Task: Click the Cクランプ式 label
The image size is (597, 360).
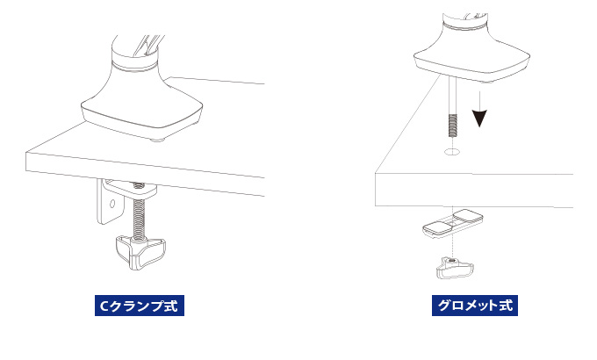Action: point(140,306)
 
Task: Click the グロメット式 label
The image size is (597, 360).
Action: point(475,306)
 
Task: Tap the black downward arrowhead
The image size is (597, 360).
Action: point(479,118)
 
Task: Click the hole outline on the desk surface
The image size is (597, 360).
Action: point(452,152)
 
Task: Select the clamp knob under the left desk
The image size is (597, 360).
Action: point(140,252)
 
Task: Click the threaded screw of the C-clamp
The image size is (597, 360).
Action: point(140,218)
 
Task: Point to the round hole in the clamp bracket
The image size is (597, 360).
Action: point(112,204)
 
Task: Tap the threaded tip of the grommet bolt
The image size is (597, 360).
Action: point(452,126)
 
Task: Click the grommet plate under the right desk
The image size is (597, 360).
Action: point(453,224)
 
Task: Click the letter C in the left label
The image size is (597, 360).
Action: point(104,306)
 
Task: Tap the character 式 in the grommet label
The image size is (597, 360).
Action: point(506,306)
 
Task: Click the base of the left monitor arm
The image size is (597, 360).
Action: point(141,111)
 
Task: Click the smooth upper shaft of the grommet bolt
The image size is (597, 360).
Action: point(452,95)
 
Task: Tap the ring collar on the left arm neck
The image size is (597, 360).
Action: point(134,66)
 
